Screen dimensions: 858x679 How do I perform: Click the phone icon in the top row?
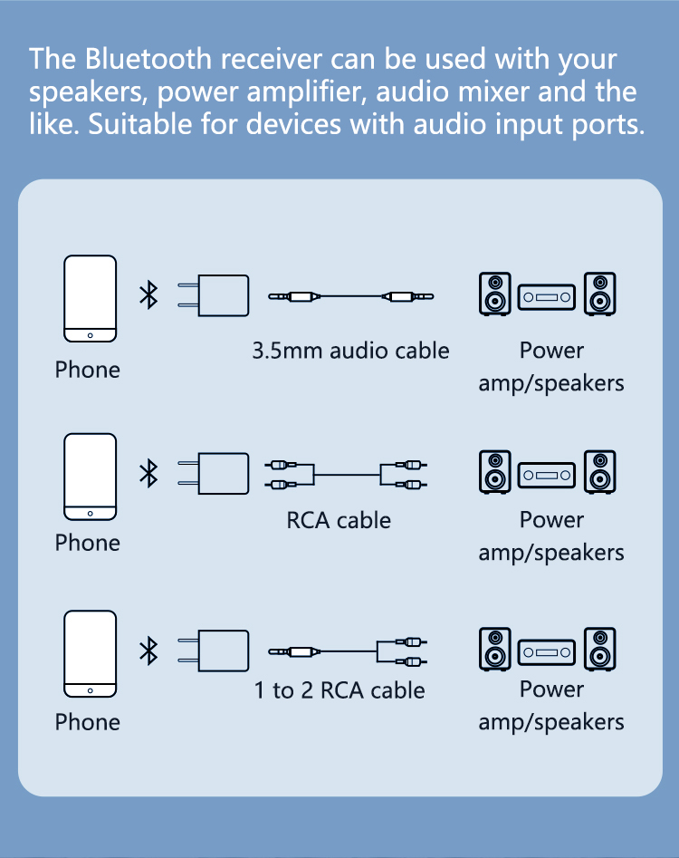90,298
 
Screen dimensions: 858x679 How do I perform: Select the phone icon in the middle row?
90,477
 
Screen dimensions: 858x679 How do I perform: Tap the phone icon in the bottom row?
90,654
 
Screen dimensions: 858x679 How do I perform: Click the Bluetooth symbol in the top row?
148,295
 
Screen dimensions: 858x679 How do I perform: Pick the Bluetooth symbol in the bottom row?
148,651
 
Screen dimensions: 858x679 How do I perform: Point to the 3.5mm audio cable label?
350,351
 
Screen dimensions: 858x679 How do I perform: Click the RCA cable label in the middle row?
339,521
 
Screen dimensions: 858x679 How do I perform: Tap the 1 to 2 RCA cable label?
339,691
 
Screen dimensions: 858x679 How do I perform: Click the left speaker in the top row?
495,294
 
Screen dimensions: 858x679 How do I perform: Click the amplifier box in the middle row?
547,474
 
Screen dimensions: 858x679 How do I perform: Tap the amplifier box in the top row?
547,295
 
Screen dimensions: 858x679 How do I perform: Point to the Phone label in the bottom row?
87,722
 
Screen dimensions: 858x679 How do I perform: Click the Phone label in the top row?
87,370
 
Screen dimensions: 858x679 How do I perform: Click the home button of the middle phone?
90,514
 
